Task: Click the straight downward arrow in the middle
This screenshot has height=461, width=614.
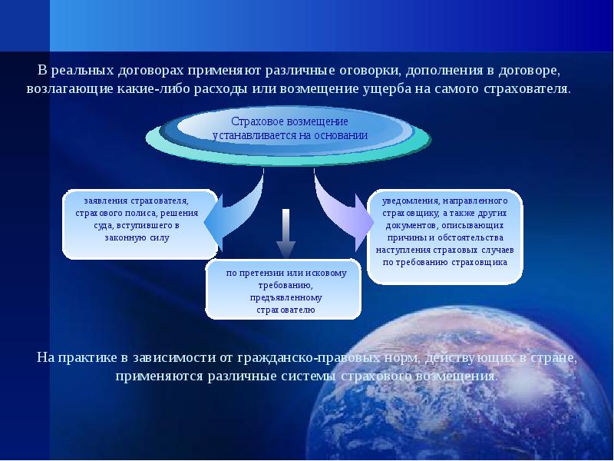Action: point(286,234)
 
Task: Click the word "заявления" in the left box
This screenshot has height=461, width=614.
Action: point(106,201)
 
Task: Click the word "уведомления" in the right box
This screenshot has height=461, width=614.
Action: point(410,201)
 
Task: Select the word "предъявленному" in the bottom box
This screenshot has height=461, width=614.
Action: point(286,297)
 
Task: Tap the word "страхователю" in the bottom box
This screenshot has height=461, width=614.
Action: point(286,310)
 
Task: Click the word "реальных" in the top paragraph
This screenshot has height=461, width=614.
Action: point(82,71)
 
